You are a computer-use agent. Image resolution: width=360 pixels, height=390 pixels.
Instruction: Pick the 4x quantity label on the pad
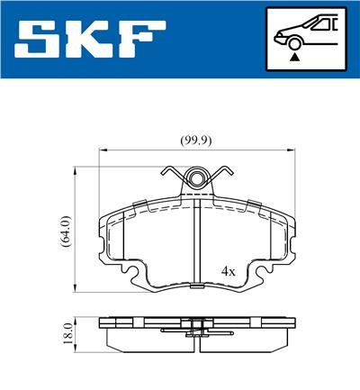click(229, 270)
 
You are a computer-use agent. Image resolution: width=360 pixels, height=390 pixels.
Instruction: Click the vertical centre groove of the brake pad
click(196, 243)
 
